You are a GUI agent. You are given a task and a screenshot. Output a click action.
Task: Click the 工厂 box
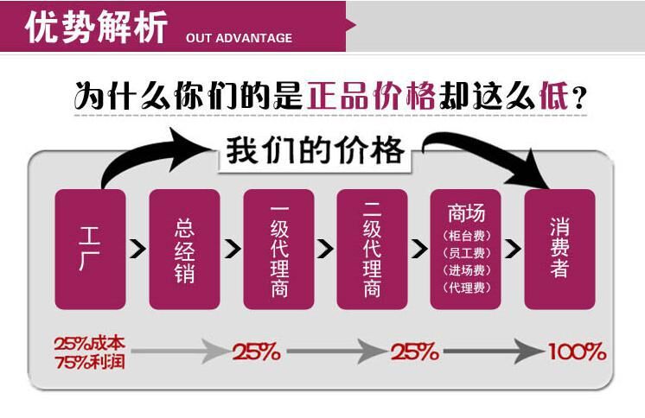tap(90, 249)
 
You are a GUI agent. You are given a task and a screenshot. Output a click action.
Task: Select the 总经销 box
tap(184, 249)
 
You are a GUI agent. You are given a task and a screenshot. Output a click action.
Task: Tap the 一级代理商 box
tap(278, 249)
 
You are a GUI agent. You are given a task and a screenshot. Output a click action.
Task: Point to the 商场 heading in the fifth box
tap(466, 212)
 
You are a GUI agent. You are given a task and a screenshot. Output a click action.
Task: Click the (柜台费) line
tap(466, 236)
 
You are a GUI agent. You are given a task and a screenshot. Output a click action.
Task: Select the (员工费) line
tap(466, 253)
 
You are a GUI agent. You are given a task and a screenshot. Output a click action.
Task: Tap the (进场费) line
tap(466, 270)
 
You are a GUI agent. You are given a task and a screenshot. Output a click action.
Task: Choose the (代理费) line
tap(466, 288)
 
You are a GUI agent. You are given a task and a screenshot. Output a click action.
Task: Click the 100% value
tap(577, 352)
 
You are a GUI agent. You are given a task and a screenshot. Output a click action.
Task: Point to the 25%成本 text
tap(88, 343)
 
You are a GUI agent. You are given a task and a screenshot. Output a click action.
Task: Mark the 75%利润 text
tap(88, 361)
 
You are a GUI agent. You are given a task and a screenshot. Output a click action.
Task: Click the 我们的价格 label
tap(316, 151)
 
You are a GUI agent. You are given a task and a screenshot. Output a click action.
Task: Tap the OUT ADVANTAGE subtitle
tap(239, 38)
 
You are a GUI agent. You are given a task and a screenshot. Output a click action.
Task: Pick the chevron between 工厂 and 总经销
tap(137, 249)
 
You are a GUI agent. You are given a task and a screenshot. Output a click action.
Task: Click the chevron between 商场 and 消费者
tap(514, 249)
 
